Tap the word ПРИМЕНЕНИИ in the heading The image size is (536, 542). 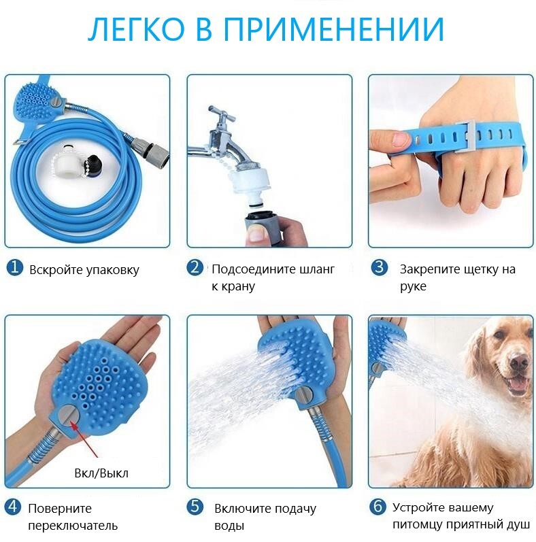point(334,30)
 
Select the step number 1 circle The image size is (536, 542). point(14,268)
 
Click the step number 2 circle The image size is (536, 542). point(195,268)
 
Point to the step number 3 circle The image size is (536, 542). point(380,268)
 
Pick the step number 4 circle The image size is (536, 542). point(13,507)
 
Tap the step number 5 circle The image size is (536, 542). point(195,507)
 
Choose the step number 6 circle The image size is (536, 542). point(378,507)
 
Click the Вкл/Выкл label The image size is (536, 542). point(101,473)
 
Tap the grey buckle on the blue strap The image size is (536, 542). point(465,136)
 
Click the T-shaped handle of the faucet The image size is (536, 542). point(221,114)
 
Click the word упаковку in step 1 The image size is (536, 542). point(113,270)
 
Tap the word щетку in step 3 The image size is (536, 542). point(470,269)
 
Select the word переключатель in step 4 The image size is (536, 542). point(73,526)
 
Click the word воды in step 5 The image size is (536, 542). point(229,526)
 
